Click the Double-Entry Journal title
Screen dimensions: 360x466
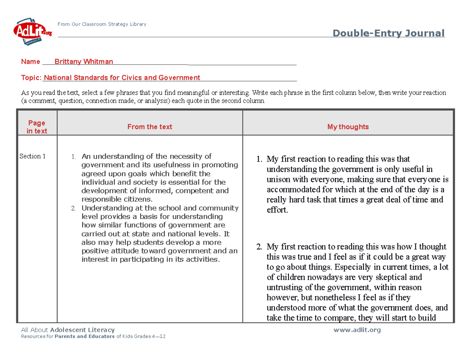[x=389, y=33]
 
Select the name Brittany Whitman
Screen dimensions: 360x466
[x=83, y=62]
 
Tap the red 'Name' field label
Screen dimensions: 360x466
[x=30, y=62]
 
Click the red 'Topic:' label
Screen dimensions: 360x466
[x=31, y=78]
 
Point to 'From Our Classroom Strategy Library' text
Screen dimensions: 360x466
[x=102, y=24]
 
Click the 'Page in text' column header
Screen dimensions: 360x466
[x=37, y=127]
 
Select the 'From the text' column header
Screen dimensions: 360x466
[x=150, y=127]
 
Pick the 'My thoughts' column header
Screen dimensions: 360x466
[x=348, y=127]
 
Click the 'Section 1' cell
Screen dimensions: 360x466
[x=33, y=156]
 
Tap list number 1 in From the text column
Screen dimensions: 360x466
[x=73, y=157]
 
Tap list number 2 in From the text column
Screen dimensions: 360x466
[x=73, y=209]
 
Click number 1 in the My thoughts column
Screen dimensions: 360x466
[x=259, y=159]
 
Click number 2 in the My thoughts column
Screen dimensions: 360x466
[x=259, y=247]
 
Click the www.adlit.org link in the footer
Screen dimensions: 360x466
[x=357, y=330]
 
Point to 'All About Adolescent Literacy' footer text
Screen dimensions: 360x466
[x=68, y=330]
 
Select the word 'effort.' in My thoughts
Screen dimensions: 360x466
[x=278, y=210]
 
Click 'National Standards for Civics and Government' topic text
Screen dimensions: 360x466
[x=122, y=78]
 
